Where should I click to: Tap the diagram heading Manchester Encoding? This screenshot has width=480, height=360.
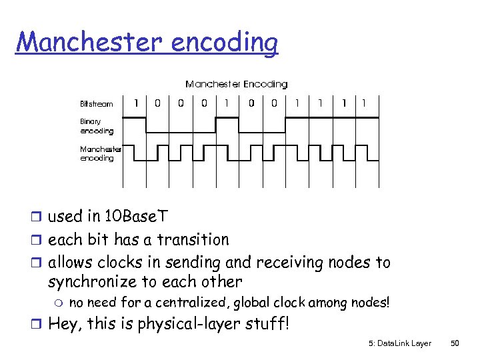point(236,84)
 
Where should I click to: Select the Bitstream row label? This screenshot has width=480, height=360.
point(97,103)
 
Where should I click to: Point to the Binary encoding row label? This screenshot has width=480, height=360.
point(97,127)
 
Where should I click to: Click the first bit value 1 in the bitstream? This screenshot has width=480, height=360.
point(137,103)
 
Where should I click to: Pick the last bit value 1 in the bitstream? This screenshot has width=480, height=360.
point(363,103)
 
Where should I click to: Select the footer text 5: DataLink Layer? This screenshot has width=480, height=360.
point(399,343)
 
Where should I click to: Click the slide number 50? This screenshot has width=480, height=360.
point(456,343)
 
